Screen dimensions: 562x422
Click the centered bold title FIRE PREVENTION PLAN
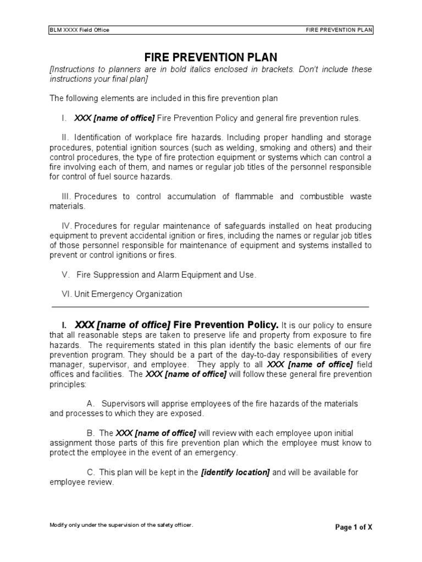coord(210,57)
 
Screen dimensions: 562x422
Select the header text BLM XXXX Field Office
coord(79,30)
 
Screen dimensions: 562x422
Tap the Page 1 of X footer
coord(353,527)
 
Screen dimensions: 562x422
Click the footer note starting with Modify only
coord(121,525)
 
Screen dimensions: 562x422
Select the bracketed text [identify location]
coord(235,473)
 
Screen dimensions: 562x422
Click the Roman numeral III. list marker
coord(66,196)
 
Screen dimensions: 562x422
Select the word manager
coord(66,364)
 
